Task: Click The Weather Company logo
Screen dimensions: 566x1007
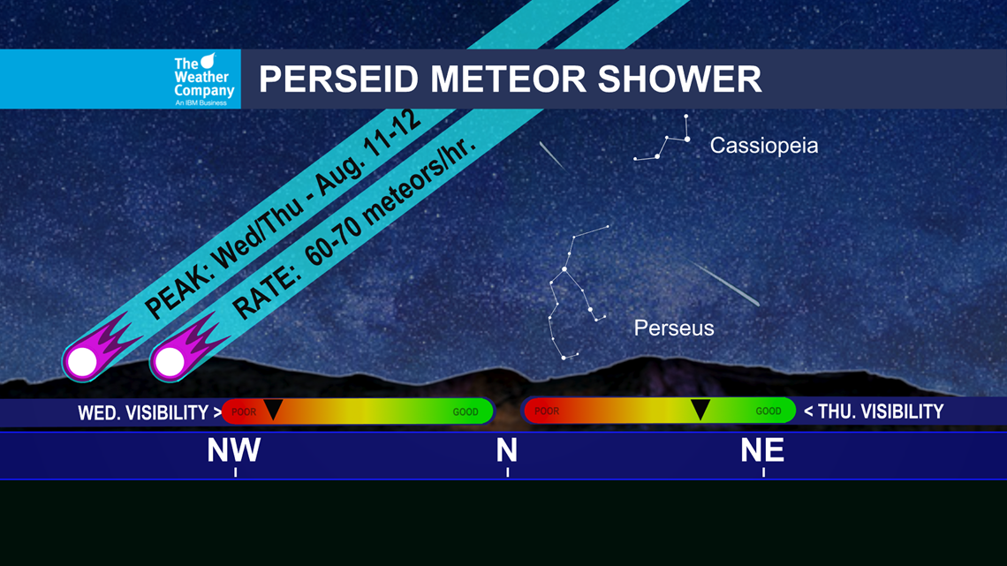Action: [204, 79]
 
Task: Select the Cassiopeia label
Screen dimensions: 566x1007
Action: [763, 146]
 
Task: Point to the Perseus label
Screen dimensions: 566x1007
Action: [673, 328]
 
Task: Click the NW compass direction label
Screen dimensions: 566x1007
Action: [234, 450]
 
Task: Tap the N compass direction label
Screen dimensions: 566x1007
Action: [506, 450]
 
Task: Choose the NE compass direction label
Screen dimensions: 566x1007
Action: [762, 450]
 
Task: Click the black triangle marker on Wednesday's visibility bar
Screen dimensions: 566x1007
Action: [273, 409]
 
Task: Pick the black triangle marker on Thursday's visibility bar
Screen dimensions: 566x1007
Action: [700, 409]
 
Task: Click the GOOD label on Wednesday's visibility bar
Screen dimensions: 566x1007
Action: [466, 412]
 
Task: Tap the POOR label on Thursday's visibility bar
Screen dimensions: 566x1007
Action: [547, 412]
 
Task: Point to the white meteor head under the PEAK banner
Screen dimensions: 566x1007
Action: [82, 360]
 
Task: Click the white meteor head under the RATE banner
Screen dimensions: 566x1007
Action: [170, 360]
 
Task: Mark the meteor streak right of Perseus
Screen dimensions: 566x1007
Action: [725, 284]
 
